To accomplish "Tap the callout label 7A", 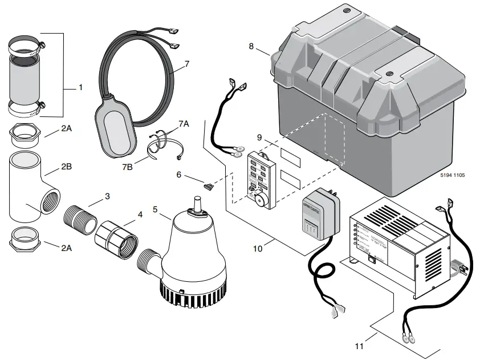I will [x=183, y=123].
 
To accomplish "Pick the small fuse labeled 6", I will [x=209, y=185].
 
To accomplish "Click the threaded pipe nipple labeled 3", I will [x=80, y=216].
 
